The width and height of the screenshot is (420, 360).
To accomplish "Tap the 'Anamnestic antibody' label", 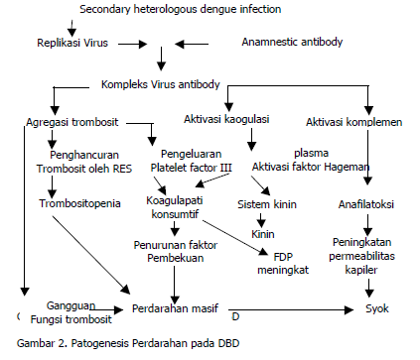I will point(292,43).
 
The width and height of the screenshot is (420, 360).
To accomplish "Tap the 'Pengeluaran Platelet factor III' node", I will point(196,162).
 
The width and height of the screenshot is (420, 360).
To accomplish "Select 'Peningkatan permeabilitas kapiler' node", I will point(369,253).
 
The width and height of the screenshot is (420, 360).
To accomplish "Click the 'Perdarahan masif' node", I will point(175,309).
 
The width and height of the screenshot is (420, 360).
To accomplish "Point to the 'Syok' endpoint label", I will point(377,309).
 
